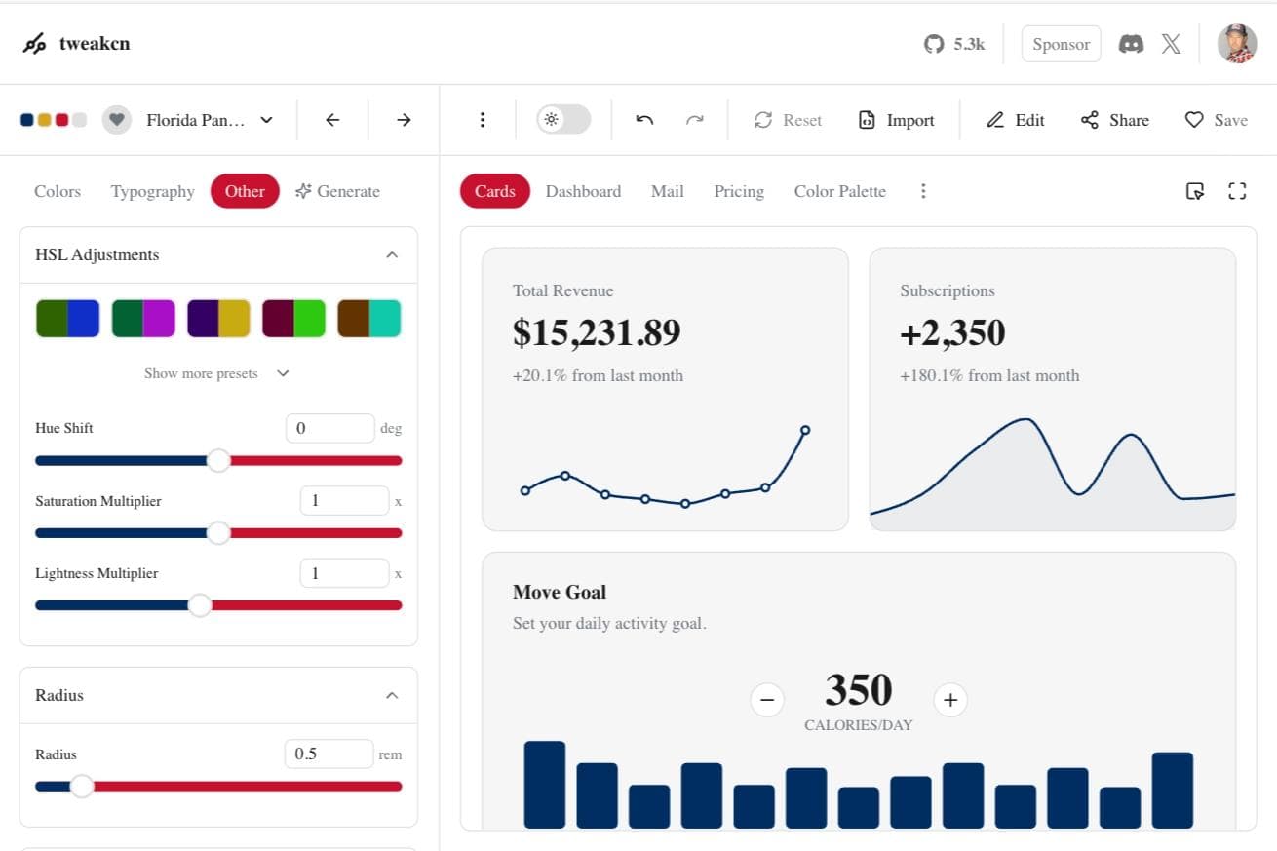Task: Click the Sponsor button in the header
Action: pos(1061,44)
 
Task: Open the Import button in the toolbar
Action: pos(896,120)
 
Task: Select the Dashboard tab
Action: pos(583,191)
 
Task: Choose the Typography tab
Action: pos(152,191)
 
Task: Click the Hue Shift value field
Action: pos(329,428)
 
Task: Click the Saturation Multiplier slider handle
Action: pos(218,532)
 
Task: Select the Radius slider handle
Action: pos(82,786)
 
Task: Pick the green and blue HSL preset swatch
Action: pos(67,319)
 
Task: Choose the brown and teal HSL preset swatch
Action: pos(368,319)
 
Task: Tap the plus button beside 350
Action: pos(950,699)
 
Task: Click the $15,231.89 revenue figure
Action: pos(597,332)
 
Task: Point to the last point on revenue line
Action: pos(805,430)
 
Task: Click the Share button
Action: pos(1115,120)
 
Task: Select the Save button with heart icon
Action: pos(1216,120)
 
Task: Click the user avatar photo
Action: pos(1236,44)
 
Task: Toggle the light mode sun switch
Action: pos(562,120)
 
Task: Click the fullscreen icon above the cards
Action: pos(1237,191)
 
